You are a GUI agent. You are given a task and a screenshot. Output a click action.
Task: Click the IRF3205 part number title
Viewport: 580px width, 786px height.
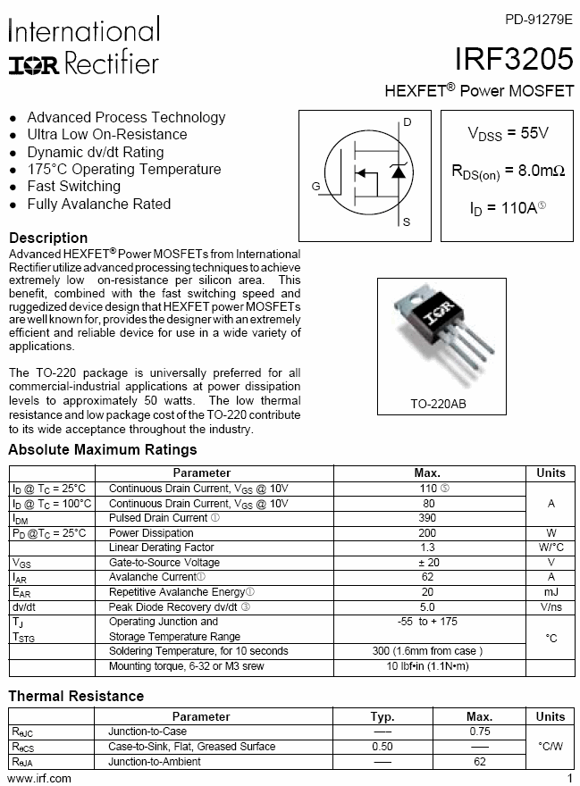coord(514,59)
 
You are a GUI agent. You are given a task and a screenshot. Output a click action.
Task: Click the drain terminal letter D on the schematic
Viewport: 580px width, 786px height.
coord(408,121)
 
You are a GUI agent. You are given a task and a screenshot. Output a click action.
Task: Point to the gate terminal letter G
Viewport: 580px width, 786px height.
coord(315,186)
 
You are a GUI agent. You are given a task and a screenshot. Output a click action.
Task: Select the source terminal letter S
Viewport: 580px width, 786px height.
coord(407,222)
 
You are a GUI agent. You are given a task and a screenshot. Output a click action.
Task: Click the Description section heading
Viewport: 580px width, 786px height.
coord(48,238)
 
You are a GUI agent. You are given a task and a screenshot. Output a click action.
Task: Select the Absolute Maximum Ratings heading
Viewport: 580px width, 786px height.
coord(103,449)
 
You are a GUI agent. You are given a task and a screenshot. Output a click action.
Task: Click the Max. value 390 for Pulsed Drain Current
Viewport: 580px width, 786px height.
coord(427,518)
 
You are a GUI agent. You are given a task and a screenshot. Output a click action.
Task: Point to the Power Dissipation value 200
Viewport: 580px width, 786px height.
coord(427,533)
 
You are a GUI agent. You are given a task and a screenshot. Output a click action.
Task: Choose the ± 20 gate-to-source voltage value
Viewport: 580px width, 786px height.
coord(427,563)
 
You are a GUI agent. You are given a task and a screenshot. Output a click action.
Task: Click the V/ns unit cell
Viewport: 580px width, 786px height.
coord(551,606)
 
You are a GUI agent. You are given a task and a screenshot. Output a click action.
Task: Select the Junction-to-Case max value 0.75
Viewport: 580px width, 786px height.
coord(479,732)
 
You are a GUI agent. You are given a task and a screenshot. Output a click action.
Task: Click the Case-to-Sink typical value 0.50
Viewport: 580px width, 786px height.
coord(382,747)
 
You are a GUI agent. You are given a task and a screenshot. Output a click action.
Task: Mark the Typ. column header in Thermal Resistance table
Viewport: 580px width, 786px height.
coord(382,716)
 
